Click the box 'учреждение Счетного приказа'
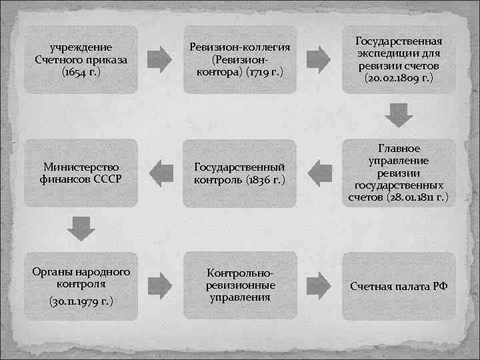click(x=81, y=59)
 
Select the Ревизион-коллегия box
click(x=239, y=59)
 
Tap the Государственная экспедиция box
click(x=399, y=59)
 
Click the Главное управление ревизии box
click(x=399, y=173)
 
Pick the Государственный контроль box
click(x=239, y=173)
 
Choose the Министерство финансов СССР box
click(x=81, y=173)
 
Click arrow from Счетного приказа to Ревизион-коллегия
click(x=159, y=58)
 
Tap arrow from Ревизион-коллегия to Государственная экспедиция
click(x=319, y=58)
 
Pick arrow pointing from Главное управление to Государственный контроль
click(x=319, y=172)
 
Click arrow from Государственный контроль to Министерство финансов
click(x=160, y=172)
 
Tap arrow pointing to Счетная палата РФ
click(x=319, y=286)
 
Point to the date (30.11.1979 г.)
click(x=81, y=301)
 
